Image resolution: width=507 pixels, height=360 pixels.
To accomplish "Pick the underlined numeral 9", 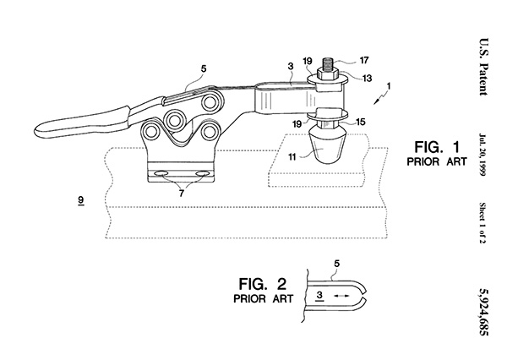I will [x=79, y=200].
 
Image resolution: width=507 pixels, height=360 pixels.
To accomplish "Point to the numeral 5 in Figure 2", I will [x=336, y=264].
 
